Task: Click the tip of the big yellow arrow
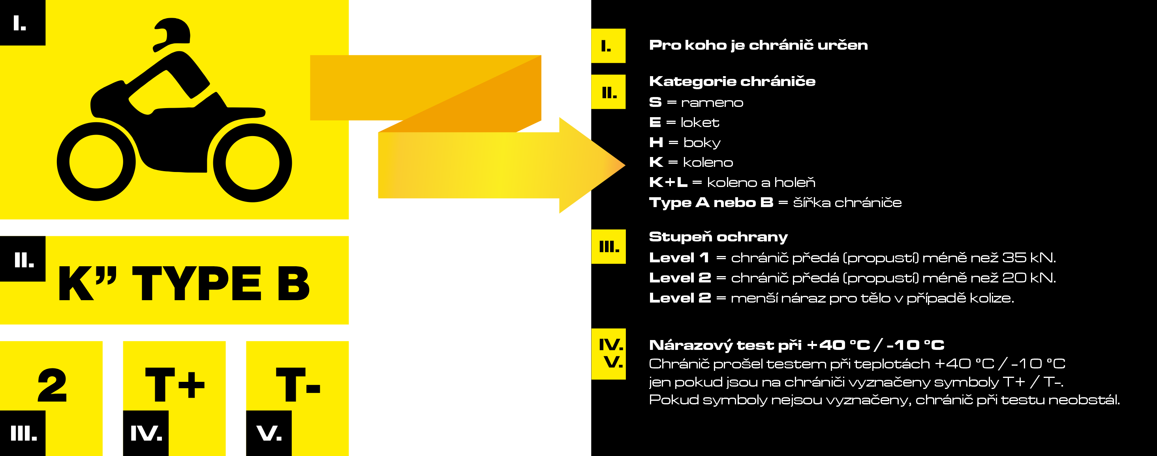coord(624,165)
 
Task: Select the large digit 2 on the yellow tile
coord(52,385)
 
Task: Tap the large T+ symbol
coord(175,384)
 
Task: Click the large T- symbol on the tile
coord(298,384)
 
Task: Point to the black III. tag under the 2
coord(23,433)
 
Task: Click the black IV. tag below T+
coord(146,433)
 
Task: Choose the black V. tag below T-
coord(269,433)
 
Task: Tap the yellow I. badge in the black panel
coord(608,46)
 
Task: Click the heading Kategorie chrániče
coord(732,81)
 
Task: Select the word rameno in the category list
coord(712,103)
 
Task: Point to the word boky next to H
coord(702,143)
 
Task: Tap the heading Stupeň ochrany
coord(718,237)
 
